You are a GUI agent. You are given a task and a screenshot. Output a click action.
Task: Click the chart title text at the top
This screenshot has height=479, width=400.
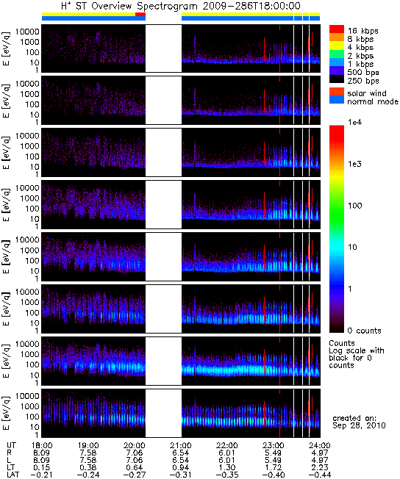click(x=181, y=6)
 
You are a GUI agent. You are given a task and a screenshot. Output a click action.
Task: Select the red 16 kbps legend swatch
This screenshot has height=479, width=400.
click(x=337, y=29)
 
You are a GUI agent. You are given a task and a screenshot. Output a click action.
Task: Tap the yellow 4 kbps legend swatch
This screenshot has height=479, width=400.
click(x=337, y=46)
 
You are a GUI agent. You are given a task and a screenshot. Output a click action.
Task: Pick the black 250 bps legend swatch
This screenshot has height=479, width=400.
click(x=337, y=79)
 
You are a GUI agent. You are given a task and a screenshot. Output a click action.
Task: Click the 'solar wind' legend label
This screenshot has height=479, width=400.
click(x=367, y=93)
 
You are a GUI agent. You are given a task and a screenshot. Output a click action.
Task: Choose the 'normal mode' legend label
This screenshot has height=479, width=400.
click(x=373, y=101)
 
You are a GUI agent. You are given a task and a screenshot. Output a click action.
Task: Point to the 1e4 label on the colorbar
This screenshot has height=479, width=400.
click(x=354, y=122)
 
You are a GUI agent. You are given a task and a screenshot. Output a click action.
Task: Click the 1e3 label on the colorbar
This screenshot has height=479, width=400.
click(x=354, y=164)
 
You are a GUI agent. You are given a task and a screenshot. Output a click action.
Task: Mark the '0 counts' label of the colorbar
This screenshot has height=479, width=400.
click(x=365, y=331)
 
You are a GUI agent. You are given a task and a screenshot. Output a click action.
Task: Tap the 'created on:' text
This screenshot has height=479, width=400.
click(x=354, y=418)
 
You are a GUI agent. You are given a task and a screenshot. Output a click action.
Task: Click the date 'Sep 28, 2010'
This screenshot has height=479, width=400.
click(x=359, y=425)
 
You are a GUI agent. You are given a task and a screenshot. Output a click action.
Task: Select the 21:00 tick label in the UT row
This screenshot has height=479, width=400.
click(x=181, y=446)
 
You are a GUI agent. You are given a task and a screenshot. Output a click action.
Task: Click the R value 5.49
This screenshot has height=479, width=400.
click(x=273, y=453)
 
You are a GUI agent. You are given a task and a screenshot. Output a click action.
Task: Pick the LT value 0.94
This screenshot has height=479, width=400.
click(x=181, y=468)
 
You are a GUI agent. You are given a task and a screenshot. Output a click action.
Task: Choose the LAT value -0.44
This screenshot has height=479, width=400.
click(x=320, y=475)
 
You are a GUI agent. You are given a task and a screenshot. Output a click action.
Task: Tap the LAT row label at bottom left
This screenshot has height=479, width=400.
click(x=12, y=475)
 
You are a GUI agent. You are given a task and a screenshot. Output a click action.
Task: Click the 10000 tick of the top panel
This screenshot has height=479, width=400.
click(x=27, y=32)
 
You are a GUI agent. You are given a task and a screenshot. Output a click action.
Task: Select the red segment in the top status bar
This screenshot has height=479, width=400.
click(x=140, y=14)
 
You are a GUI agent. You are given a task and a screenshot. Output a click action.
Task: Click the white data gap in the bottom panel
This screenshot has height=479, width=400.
click(x=163, y=413)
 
